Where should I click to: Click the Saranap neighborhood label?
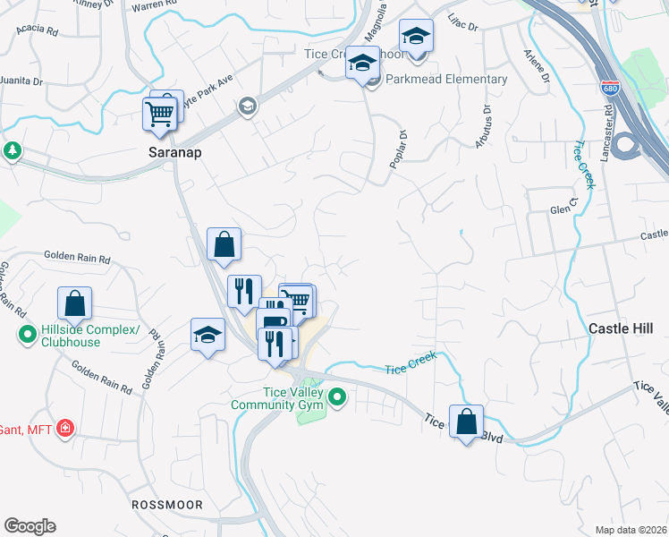(x=174, y=153)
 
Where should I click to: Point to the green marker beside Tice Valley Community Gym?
(x=337, y=396)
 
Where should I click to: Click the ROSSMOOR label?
(x=168, y=505)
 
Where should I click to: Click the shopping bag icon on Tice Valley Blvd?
(x=466, y=422)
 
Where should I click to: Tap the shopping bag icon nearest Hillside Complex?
(x=75, y=303)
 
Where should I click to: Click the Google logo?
(x=30, y=525)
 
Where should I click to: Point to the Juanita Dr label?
(x=21, y=80)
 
